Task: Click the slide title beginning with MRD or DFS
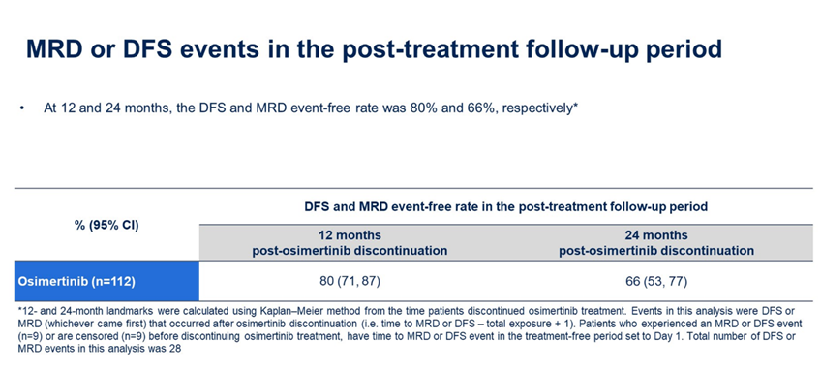click(x=375, y=49)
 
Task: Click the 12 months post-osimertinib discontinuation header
click(x=350, y=242)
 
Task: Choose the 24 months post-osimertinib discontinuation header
click(x=656, y=242)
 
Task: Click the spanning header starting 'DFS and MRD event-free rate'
click(x=505, y=207)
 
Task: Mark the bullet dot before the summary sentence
click(x=21, y=110)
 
